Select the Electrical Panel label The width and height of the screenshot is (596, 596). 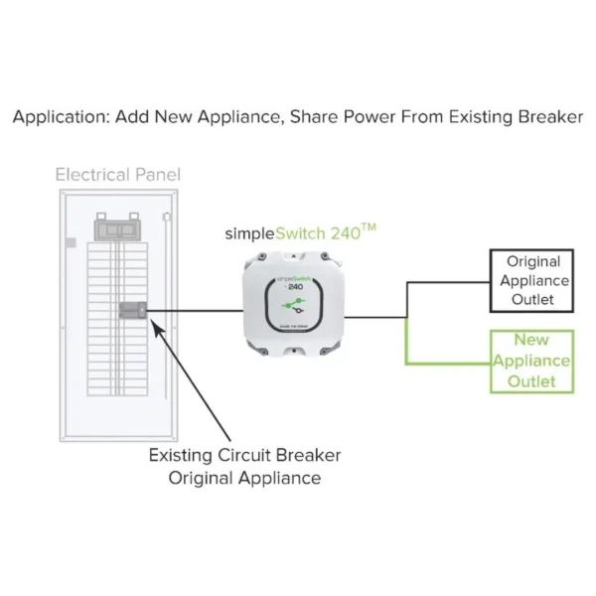pos(118,175)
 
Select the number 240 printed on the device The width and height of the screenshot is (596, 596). pos(282,286)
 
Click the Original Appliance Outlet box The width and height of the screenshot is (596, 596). pos(533,281)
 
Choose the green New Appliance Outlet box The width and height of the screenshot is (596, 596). pos(533,361)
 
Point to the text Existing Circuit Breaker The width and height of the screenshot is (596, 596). pos(244,456)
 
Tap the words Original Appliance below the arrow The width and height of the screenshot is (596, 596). pos(244,478)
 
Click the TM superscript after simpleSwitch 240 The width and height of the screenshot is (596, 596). pos(368,227)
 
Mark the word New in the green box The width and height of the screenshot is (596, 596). pos(533,341)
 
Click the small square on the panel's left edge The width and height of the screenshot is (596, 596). pos(70,242)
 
